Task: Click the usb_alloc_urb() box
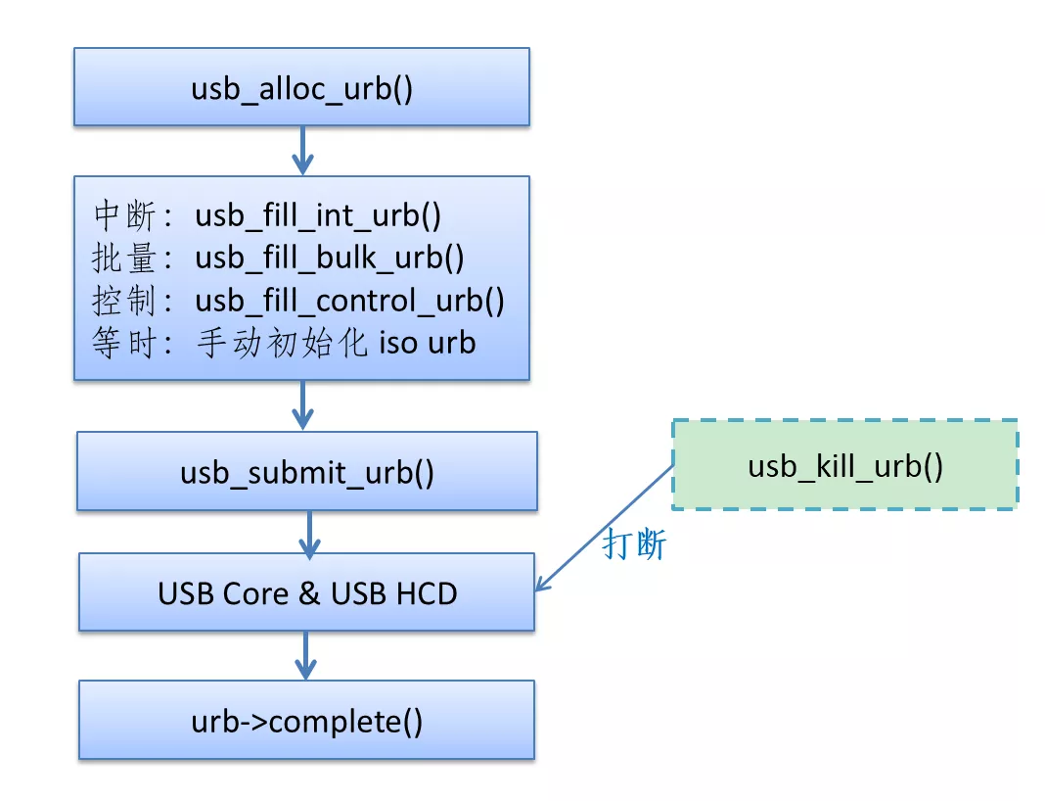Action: [301, 87]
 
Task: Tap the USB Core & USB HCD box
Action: [307, 592]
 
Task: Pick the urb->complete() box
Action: [307, 722]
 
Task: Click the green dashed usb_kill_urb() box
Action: [844, 465]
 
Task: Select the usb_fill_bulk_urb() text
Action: [330, 258]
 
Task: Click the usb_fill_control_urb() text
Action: [350, 301]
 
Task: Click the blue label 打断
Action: [634, 544]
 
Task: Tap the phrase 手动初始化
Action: [280, 344]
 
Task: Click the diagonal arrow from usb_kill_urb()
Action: [605, 528]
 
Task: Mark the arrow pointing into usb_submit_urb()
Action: [303, 405]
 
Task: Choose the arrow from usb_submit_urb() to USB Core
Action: [309, 533]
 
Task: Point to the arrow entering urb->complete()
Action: [306, 655]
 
